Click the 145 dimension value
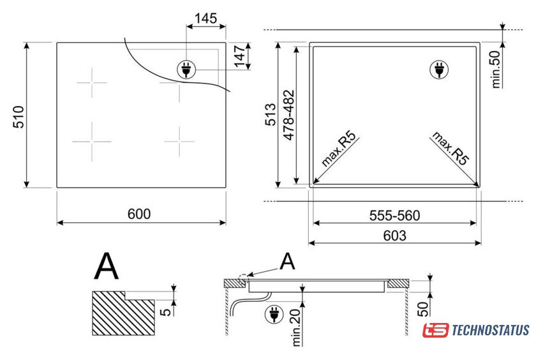[x=205, y=18]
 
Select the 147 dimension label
[x=240, y=56]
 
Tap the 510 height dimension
[x=19, y=117]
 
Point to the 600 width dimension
[x=139, y=214]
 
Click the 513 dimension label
[x=271, y=114]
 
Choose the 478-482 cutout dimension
[x=289, y=116]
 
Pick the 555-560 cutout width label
[x=394, y=216]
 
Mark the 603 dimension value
[x=395, y=236]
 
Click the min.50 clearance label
[x=495, y=70]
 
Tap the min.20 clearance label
[x=296, y=327]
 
